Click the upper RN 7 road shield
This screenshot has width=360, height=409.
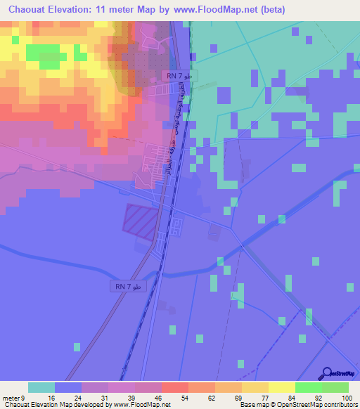click(180, 76)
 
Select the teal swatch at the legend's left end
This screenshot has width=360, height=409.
click(41, 387)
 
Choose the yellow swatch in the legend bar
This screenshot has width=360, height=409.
click(282, 387)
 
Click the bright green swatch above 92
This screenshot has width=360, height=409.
click(309, 387)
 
